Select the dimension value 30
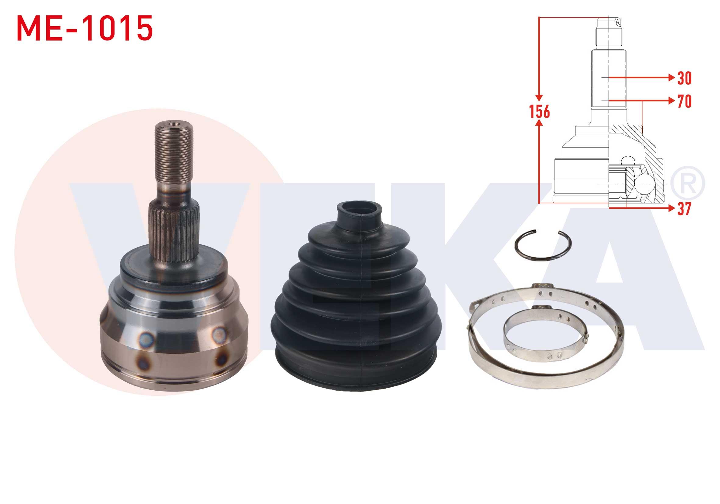[x=684, y=78]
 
